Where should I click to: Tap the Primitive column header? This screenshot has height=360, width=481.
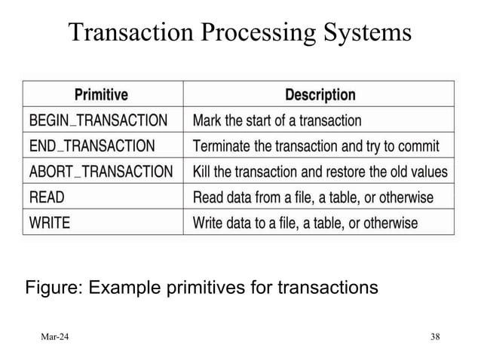[x=101, y=95]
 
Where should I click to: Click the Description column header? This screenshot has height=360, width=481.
[x=320, y=95]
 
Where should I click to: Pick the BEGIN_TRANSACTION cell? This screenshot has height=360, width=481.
[x=98, y=120]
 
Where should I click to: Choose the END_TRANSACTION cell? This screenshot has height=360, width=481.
[x=92, y=145]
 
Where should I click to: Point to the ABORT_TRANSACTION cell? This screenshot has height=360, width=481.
[x=100, y=172]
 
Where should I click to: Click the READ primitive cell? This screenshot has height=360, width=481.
[x=47, y=198]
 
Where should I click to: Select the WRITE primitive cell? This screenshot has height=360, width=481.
[x=50, y=223]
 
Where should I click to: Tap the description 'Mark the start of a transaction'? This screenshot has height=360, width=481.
[x=277, y=120]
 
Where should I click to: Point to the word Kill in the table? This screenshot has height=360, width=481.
[x=203, y=172]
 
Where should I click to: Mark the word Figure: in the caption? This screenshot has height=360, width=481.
[x=54, y=288]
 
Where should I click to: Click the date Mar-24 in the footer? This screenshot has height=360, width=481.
[x=54, y=335]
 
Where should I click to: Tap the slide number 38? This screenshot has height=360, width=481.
[x=435, y=335]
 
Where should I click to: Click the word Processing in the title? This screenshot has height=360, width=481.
[x=253, y=33]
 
